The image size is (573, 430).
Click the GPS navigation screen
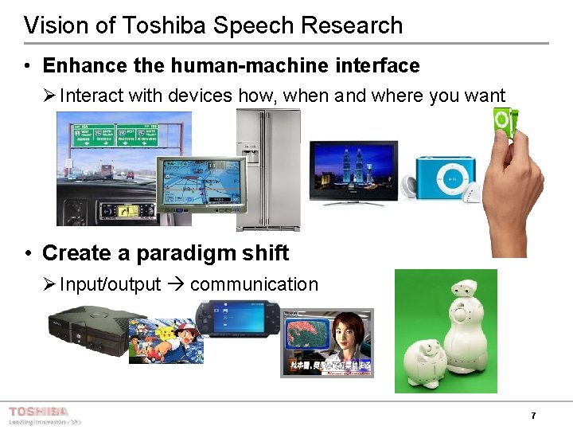190,184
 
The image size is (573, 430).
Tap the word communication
254,284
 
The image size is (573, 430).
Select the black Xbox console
84,331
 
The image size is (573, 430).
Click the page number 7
533,416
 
